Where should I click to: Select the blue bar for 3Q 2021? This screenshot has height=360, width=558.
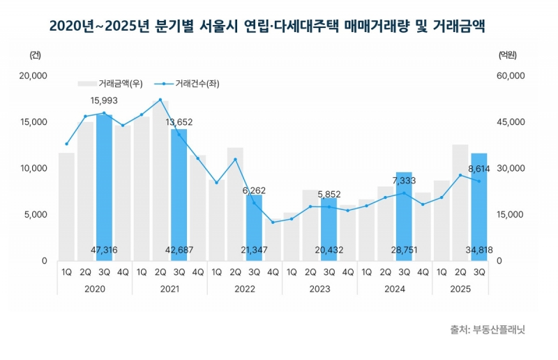[x=179, y=195]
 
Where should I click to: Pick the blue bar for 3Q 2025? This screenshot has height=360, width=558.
[x=479, y=207]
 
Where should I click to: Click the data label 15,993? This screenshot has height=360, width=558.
[x=104, y=100]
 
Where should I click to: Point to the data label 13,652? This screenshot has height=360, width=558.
[x=179, y=122]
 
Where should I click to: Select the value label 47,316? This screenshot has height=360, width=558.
[x=104, y=250]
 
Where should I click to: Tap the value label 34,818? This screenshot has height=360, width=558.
[x=479, y=250]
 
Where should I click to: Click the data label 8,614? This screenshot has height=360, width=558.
[x=479, y=168]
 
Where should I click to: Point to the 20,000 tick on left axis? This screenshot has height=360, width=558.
[x=33, y=75]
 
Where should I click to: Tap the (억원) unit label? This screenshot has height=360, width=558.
[x=508, y=54]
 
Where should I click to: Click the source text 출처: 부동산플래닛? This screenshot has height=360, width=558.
[x=488, y=329]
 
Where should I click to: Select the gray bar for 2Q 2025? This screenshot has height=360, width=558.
[x=460, y=202]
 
